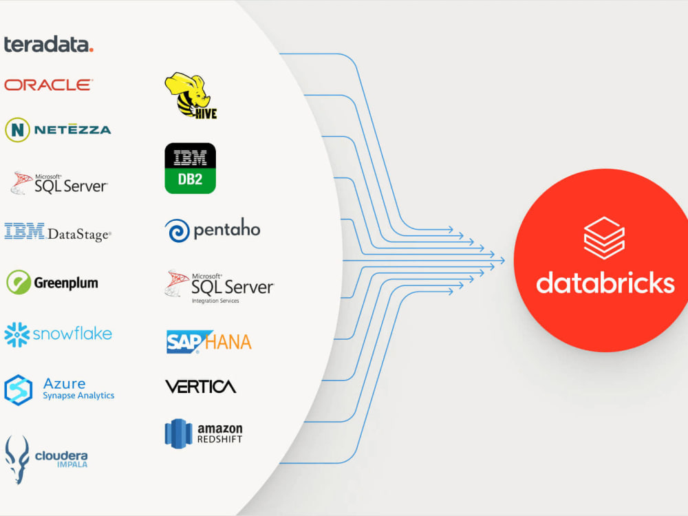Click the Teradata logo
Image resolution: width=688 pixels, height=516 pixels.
tap(49, 44)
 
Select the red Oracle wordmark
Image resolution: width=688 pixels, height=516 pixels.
tap(48, 85)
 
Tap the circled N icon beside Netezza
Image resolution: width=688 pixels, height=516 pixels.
tap(18, 130)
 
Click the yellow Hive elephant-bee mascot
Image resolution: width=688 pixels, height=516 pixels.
tap(191, 96)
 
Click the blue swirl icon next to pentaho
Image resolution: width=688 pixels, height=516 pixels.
tap(178, 230)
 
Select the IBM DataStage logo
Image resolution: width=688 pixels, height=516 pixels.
tap(58, 232)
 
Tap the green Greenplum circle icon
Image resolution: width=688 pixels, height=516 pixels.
tap(19, 282)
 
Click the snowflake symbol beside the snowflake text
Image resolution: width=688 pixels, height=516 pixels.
tap(17, 335)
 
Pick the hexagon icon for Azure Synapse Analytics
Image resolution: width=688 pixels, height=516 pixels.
tap(18, 389)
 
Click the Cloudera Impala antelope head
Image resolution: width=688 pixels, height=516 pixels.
tap(17, 460)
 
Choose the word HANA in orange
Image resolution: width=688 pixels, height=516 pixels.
tap(228, 342)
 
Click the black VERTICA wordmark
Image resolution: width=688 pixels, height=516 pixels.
tap(200, 387)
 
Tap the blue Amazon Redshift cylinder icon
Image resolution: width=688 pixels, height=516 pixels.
tap(179, 434)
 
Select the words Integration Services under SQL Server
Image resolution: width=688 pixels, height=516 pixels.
tap(215, 301)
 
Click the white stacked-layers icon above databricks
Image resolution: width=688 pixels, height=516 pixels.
tap(604, 238)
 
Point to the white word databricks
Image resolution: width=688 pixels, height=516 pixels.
tap(605, 283)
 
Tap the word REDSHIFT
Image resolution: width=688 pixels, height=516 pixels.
tap(220, 439)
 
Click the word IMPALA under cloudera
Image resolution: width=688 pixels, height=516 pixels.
tap(72, 464)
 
